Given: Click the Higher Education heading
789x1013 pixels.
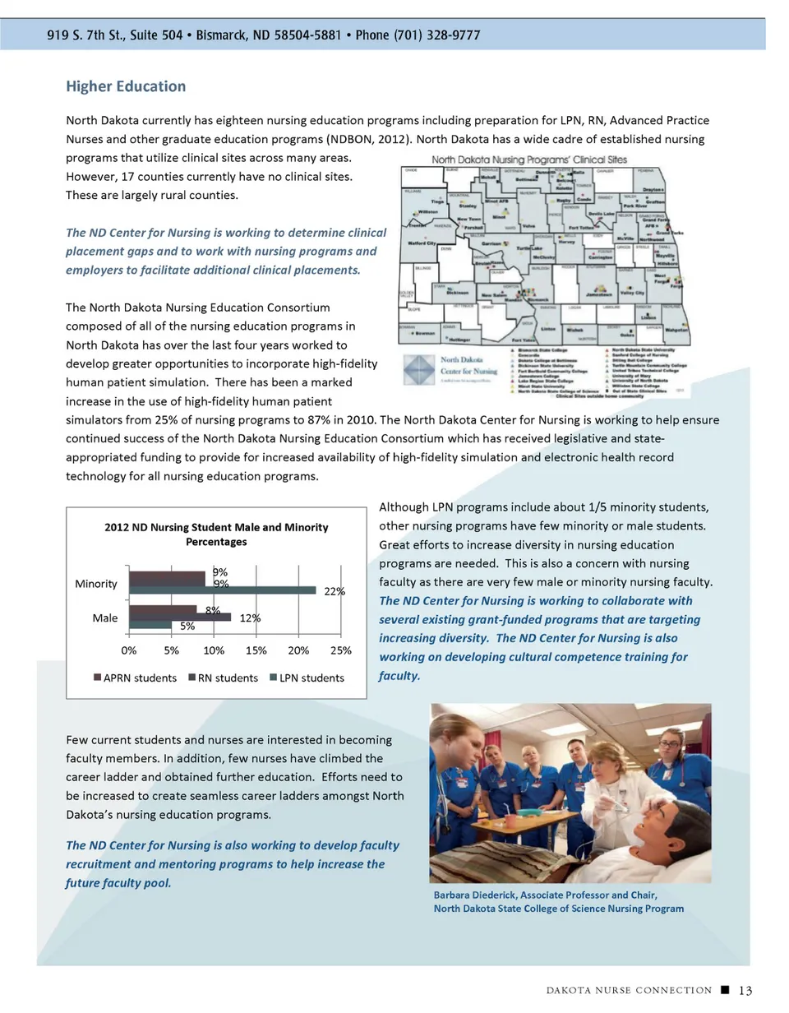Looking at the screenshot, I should click(126, 86).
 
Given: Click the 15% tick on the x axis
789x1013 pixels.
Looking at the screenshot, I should click(256, 650).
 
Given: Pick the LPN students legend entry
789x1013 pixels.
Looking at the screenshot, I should click(303, 678).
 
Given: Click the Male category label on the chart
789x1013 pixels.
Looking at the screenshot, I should click(104, 618).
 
